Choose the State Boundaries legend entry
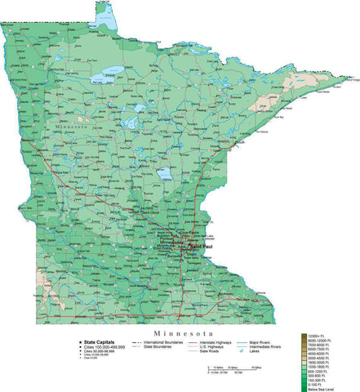click(x=160, y=347)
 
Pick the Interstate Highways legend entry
click(x=216, y=341)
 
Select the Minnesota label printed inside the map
click(x=69, y=128)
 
